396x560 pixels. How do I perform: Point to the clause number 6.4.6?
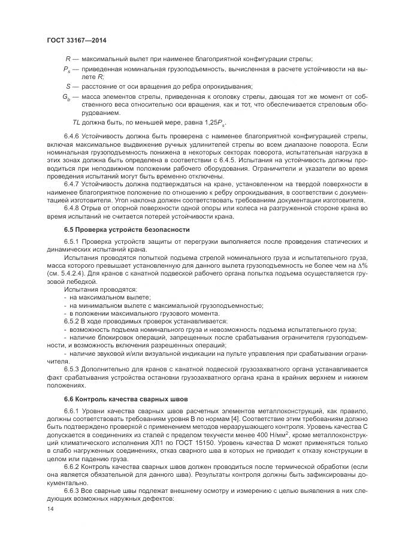72,137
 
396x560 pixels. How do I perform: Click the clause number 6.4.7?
72,184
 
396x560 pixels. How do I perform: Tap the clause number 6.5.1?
72,241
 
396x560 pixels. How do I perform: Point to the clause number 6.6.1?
72,410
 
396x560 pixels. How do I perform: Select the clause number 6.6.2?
72,465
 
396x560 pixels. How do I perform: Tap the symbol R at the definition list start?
67,58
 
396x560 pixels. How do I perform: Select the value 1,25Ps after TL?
205,122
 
